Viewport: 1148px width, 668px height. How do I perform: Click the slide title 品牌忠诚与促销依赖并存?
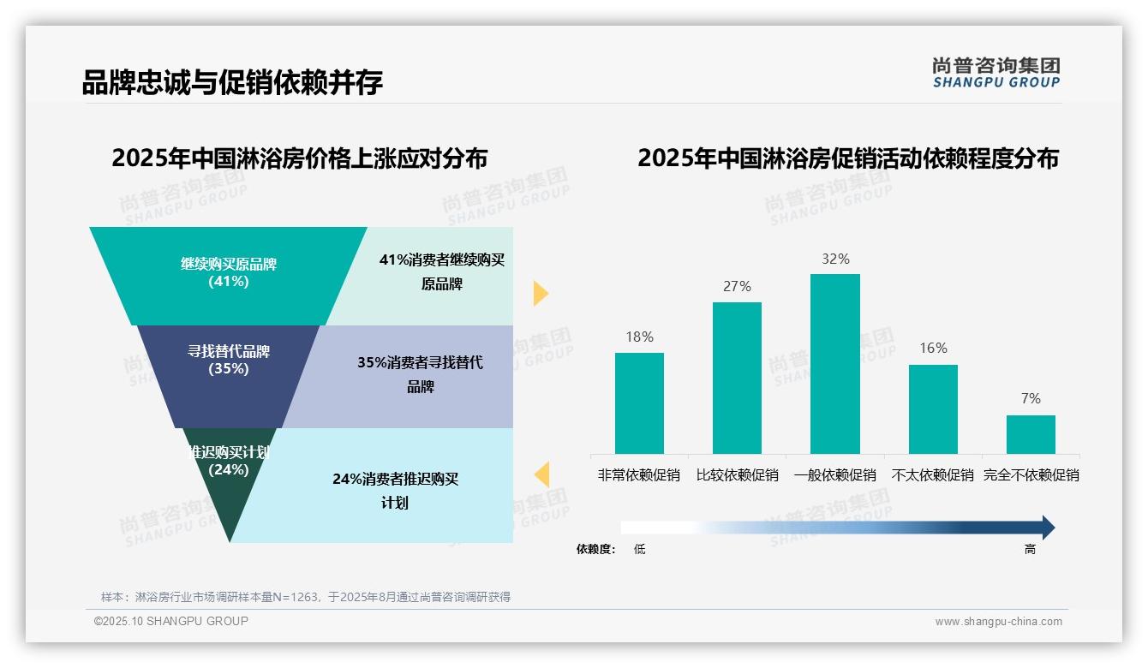(x=232, y=82)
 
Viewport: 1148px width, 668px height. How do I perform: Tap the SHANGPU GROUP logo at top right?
(x=996, y=73)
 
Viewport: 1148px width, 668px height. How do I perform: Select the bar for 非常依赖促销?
(x=639, y=403)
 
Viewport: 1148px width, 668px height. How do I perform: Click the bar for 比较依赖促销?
(x=737, y=378)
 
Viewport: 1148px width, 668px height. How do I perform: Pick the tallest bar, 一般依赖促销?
(x=834, y=364)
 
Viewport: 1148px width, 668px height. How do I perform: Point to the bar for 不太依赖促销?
(x=933, y=409)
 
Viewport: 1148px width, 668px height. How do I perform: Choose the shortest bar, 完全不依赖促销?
(x=1031, y=434)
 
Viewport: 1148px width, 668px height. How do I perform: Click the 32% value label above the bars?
(x=834, y=259)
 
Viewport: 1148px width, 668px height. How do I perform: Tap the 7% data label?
(x=1031, y=399)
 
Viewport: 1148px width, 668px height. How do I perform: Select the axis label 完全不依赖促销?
(x=1031, y=475)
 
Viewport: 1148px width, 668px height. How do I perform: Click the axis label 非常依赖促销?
(x=639, y=475)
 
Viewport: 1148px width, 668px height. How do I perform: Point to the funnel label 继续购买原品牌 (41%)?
(x=229, y=272)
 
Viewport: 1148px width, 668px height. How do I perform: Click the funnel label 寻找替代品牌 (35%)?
(x=229, y=360)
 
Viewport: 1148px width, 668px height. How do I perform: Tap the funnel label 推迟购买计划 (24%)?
(x=229, y=461)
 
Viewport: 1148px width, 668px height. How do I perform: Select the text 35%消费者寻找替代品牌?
(x=420, y=374)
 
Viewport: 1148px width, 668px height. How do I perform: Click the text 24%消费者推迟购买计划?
(x=395, y=491)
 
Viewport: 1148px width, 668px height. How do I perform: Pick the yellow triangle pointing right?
(x=540, y=293)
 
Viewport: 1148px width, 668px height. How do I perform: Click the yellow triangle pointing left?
(x=542, y=474)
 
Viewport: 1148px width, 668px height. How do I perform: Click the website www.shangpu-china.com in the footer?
(x=998, y=622)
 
